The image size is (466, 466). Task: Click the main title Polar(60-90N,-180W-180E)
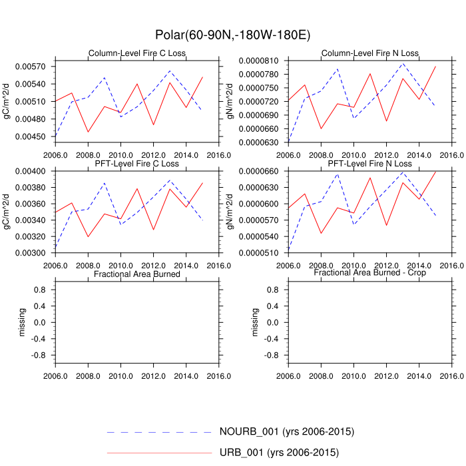coord(233,35)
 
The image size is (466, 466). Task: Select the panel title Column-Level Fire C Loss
coord(137,53)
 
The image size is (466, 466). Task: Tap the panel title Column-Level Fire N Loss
coord(369,53)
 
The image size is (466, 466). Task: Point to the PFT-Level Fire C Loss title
coord(137,164)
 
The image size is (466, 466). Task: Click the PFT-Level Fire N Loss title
coord(369,164)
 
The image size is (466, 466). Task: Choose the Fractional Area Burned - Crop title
coord(369,273)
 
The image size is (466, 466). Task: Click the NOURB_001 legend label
coord(286,431)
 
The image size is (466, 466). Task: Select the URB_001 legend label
coord(279,453)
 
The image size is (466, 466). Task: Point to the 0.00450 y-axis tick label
coord(37,136)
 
